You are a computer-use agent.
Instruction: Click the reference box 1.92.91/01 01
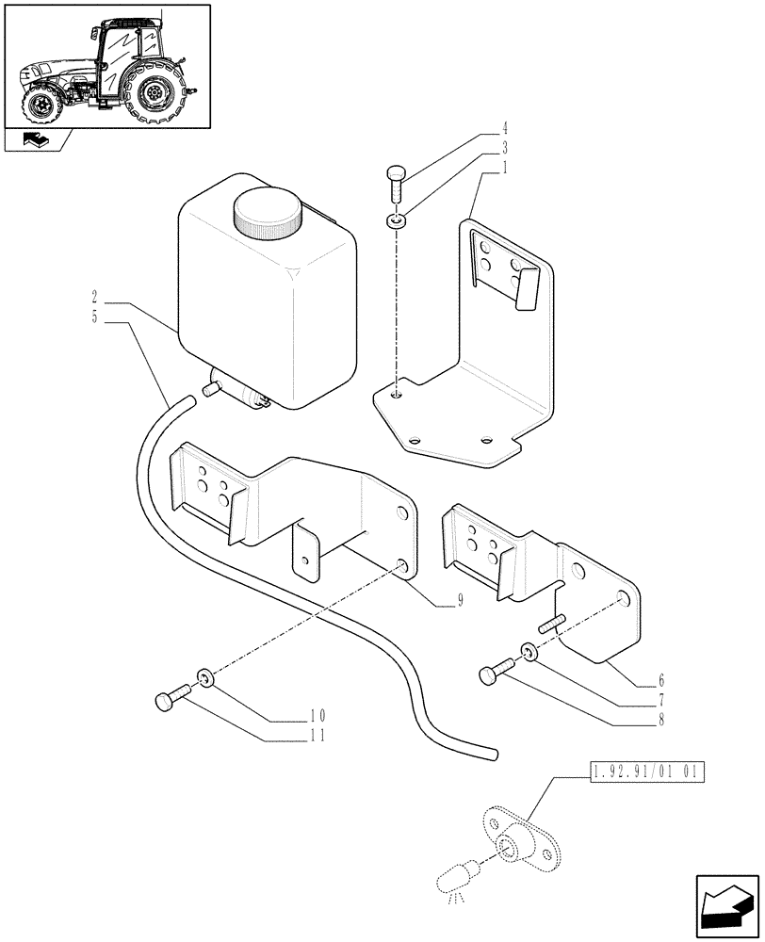(646, 775)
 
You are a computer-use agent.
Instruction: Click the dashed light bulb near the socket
(452, 879)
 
